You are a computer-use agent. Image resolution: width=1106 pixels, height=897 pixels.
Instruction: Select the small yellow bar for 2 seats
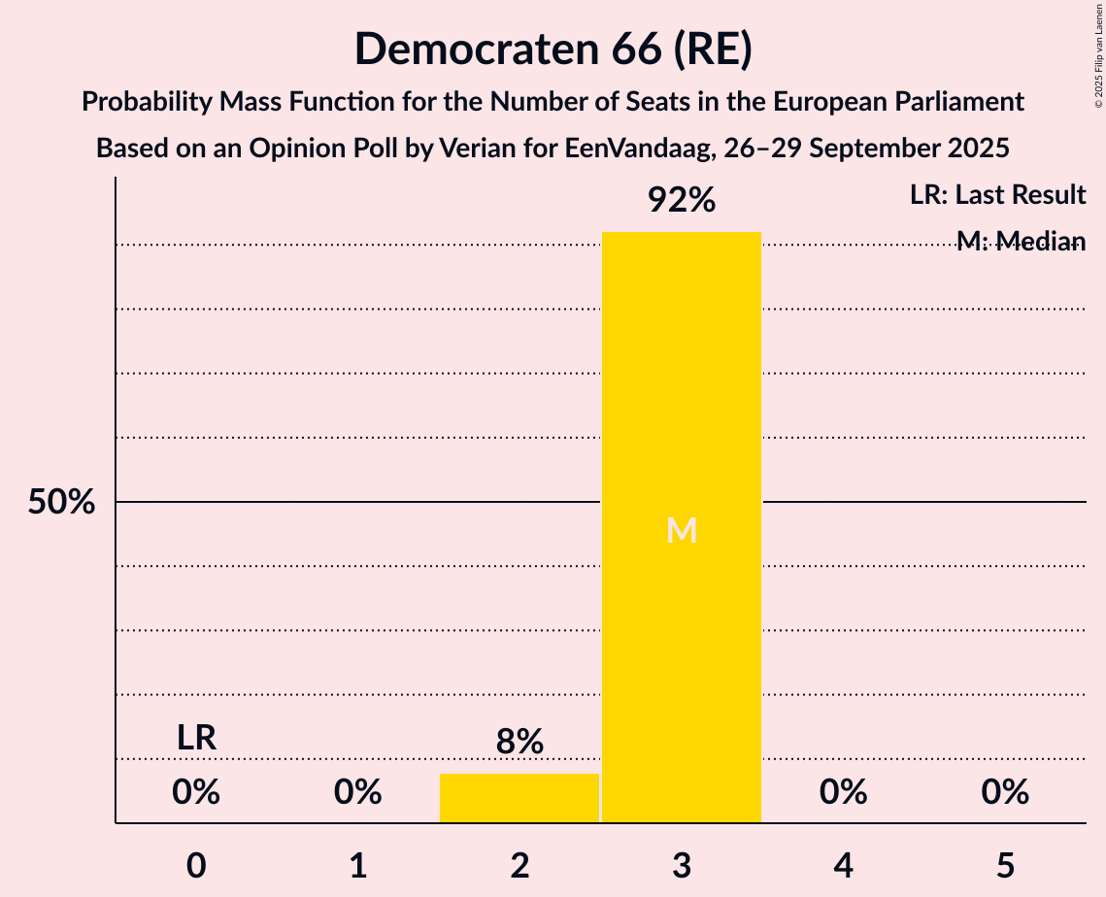(519, 798)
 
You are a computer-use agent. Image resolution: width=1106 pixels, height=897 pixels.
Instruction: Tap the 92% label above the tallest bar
(682, 201)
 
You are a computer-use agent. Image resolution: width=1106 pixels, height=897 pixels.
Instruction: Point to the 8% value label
(519, 743)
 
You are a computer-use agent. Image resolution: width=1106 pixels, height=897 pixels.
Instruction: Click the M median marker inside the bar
(682, 530)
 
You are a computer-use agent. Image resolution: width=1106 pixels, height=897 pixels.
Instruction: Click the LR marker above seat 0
(196, 738)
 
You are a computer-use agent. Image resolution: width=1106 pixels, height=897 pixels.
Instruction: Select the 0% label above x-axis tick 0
(196, 792)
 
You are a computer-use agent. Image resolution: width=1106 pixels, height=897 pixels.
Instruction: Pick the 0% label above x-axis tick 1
(357, 792)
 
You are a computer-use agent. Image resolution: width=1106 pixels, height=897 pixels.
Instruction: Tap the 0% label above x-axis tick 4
(843, 792)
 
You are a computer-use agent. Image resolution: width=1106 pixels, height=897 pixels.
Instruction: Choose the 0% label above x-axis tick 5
(1004, 792)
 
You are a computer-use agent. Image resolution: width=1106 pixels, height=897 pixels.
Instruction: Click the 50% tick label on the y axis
(61, 503)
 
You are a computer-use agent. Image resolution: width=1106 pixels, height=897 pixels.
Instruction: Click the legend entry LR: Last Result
(997, 195)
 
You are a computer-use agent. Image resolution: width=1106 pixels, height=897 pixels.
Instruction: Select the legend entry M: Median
(1021, 241)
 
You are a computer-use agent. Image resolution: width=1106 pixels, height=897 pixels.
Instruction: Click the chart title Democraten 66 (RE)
(553, 50)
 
